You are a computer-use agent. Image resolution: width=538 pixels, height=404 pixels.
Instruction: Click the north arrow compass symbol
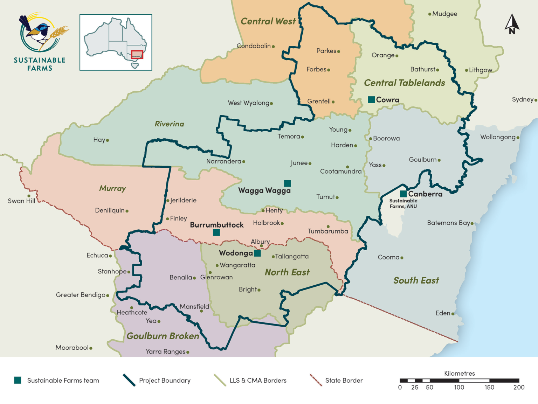(x=512, y=24)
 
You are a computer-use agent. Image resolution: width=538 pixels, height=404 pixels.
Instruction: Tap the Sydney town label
(x=522, y=99)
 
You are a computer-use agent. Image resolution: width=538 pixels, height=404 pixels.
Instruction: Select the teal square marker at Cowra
(x=371, y=99)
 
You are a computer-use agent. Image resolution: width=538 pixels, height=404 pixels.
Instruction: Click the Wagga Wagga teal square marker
(x=287, y=183)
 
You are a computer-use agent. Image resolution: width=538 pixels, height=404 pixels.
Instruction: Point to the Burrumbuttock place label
(x=216, y=225)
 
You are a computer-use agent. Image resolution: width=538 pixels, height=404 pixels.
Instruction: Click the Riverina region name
(x=169, y=124)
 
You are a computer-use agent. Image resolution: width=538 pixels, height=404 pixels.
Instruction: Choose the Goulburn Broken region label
(x=163, y=336)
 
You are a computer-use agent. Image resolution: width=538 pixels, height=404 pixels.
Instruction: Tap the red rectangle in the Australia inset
(x=137, y=54)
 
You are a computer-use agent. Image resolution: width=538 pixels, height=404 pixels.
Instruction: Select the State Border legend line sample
(x=316, y=380)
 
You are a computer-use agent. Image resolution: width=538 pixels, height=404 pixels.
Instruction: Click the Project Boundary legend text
(x=165, y=381)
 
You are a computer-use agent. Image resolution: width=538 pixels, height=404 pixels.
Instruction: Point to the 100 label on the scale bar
(x=459, y=388)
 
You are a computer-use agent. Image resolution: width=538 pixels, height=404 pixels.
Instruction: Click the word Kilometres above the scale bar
(x=459, y=374)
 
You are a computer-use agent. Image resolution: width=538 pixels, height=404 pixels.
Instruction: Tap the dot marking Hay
(x=108, y=140)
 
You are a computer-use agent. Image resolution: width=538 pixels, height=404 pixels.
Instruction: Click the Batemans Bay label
(x=448, y=223)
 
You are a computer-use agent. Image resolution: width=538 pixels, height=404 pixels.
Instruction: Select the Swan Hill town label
(x=21, y=201)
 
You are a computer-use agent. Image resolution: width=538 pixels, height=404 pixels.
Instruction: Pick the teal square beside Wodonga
(x=257, y=253)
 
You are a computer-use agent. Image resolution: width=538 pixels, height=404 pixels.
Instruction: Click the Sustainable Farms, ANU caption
(x=403, y=203)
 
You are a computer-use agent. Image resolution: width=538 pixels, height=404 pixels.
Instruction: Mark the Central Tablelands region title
(x=404, y=83)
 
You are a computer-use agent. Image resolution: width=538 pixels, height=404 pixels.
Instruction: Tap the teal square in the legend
(x=18, y=380)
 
